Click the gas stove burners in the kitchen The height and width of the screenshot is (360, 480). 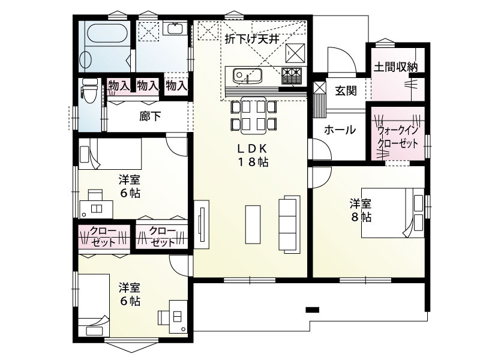(291, 76)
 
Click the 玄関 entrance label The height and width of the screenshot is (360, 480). (346, 91)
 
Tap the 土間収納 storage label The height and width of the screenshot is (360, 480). (396, 67)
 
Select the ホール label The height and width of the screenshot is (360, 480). (340, 130)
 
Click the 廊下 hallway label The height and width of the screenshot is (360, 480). (150, 116)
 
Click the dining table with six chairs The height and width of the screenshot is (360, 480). (253, 116)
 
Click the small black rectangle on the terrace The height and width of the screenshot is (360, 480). (311, 310)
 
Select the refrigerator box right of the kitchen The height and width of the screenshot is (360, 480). (295, 52)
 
